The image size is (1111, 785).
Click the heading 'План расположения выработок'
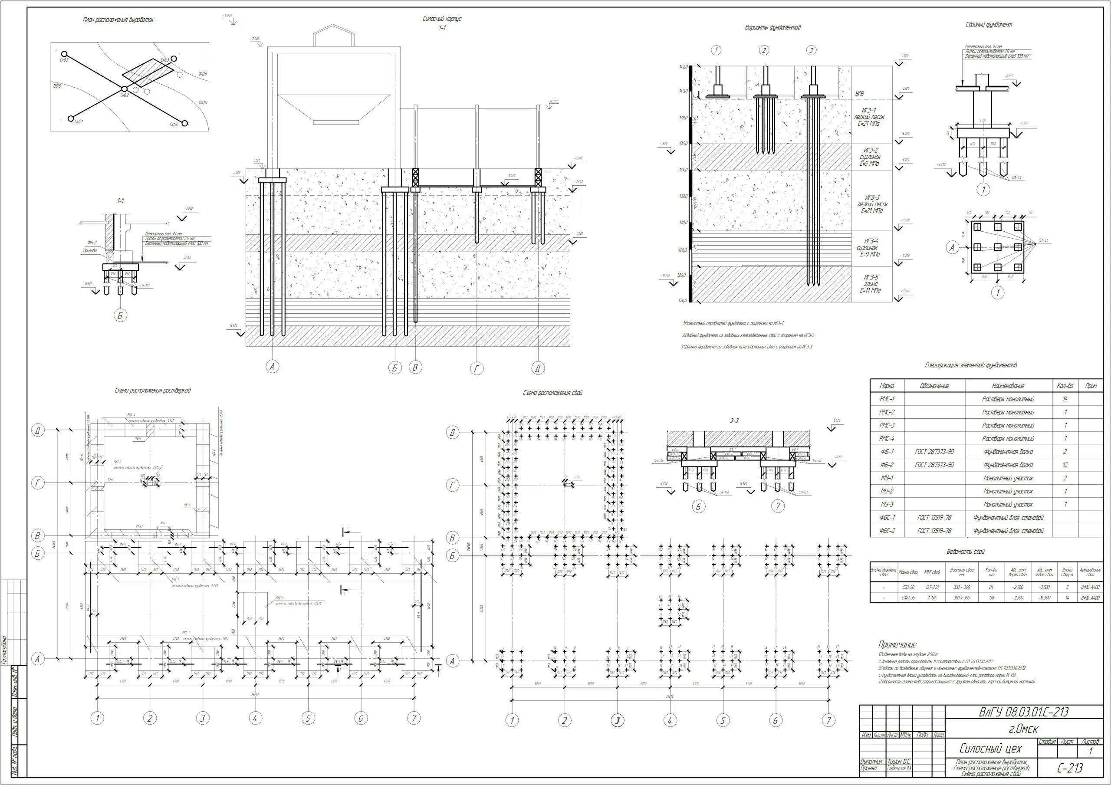pos(118,20)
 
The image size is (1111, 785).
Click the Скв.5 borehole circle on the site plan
pos(64,54)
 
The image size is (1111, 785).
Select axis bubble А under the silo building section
pos(273,367)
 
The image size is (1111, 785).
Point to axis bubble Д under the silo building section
pos(538,368)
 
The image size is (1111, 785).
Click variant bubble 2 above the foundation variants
pos(763,50)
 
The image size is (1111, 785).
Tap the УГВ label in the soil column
pos(860,93)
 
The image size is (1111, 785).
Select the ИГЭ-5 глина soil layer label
pos(871,284)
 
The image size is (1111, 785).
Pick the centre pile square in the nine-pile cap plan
pos(997,247)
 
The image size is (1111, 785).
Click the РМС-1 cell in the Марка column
pos(887,399)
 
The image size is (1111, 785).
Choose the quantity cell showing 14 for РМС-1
pos(1065,399)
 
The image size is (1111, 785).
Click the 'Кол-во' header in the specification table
pos(1065,386)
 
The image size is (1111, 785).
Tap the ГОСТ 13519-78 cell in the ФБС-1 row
pos(934,517)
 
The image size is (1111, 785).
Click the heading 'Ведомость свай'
pos(965,552)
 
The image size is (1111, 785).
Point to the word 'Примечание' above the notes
pos(897,644)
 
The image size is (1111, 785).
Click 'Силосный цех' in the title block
pos(990,749)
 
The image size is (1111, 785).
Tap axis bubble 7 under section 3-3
pos(778,506)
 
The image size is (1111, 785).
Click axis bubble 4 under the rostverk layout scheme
pos(255,718)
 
